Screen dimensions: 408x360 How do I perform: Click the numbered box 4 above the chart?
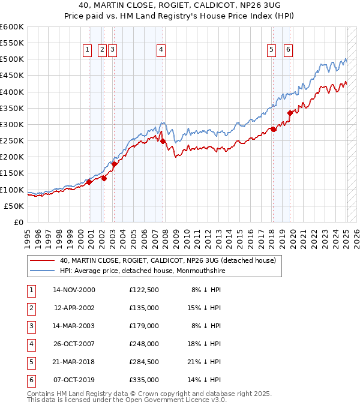[161, 50]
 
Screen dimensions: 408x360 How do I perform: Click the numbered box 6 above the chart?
[289, 50]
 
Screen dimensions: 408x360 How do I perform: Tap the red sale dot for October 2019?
[290, 113]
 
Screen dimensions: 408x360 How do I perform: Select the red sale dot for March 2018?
[273, 129]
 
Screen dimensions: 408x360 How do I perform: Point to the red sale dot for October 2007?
[163, 141]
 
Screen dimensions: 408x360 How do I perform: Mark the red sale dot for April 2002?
[104, 178]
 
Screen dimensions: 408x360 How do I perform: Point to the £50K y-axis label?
[14, 206]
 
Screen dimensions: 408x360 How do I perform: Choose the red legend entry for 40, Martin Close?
[167, 261]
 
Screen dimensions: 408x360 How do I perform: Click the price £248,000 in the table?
[144, 344]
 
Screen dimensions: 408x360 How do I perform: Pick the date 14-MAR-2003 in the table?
[74, 326]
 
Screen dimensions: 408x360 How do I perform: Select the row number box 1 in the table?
[31, 290]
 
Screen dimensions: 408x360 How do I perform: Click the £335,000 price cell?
[144, 380]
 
